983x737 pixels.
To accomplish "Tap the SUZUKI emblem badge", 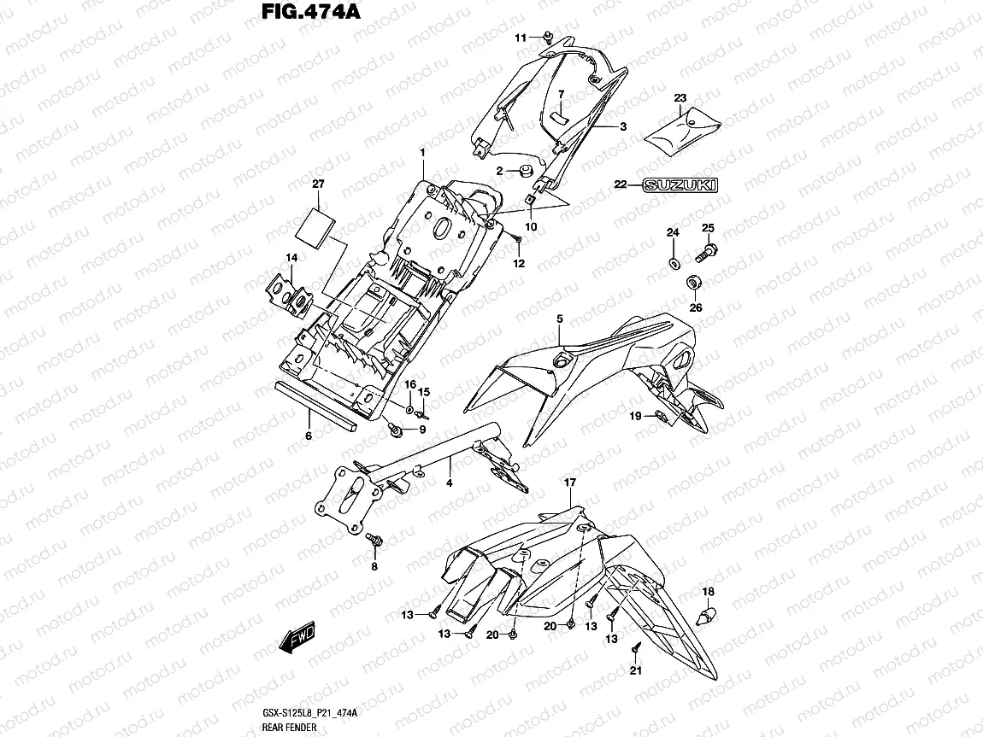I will [x=680, y=184].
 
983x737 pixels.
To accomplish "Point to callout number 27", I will [x=318, y=184].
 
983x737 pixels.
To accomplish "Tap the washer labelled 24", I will [x=673, y=260].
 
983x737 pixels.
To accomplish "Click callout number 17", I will [x=570, y=483].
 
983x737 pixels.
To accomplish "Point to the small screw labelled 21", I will [x=636, y=650].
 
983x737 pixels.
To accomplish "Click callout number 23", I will [x=680, y=99].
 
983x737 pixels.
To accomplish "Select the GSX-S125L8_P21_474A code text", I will [x=309, y=712].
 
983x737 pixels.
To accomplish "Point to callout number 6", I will [x=308, y=436].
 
